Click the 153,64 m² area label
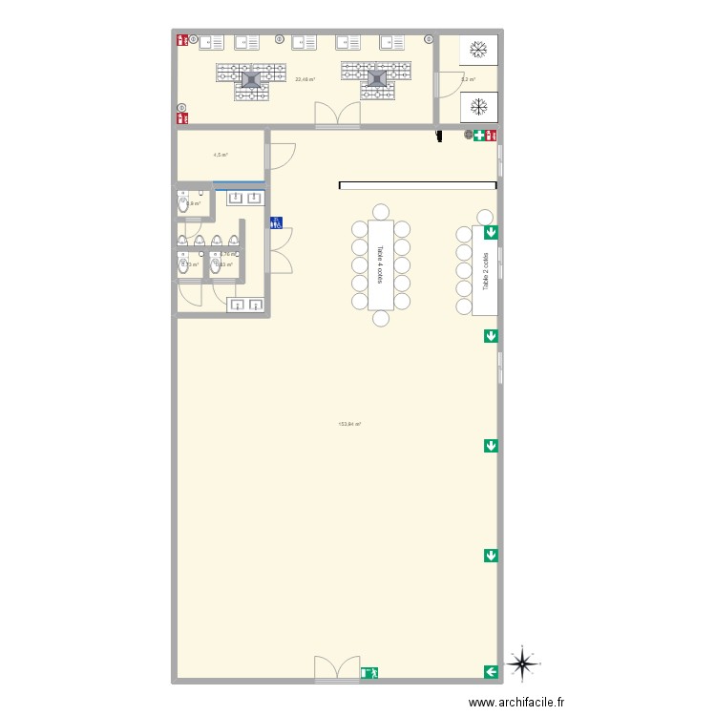(x=349, y=424)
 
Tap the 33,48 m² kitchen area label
(x=305, y=79)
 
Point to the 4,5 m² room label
(x=220, y=155)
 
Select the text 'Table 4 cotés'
(x=380, y=263)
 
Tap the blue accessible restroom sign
(x=276, y=222)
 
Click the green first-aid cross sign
(x=478, y=136)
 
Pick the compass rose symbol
(x=522, y=663)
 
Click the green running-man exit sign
(x=369, y=672)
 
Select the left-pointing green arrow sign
(x=491, y=672)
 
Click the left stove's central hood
(x=251, y=80)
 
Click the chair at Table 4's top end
(x=380, y=211)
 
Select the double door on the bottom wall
(x=338, y=669)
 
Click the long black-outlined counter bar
(x=417, y=185)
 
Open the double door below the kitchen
(x=339, y=116)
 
